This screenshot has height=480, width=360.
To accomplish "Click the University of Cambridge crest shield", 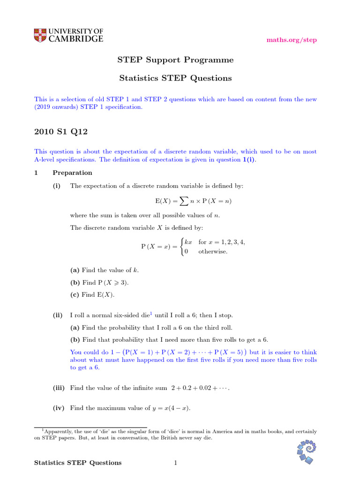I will tap(40, 36).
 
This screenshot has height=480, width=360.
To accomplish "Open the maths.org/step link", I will tap(292, 40).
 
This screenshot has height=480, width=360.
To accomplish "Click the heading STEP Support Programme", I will tap(175, 60).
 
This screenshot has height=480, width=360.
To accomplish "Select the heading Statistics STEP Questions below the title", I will tap(174, 78).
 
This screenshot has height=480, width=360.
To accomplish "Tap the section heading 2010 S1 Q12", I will tap(61, 132).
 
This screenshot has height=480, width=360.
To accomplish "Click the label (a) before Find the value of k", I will tap(75, 270).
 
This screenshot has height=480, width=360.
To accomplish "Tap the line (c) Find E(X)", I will tap(92, 295).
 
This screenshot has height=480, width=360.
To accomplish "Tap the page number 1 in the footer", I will tap(175, 463).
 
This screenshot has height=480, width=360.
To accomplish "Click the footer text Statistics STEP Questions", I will tap(78, 463).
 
